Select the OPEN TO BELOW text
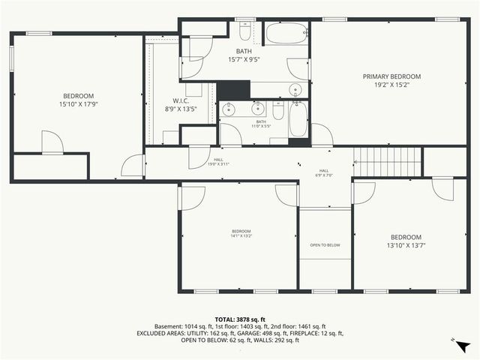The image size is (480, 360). click(x=325, y=245)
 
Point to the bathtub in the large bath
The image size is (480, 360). click(x=286, y=34)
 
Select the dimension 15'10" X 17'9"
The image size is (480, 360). click(x=78, y=104)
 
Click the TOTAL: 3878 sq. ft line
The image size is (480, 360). click(x=240, y=319)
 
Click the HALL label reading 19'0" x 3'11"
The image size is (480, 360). click(x=218, y=161)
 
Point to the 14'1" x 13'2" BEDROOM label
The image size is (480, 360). click(x=241, y=232)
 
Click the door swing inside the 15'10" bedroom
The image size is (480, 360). click(x=52, y=143)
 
